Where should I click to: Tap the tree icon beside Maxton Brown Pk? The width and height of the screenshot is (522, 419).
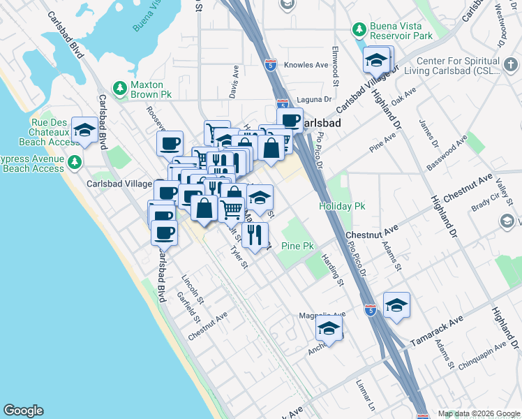coord(120,87)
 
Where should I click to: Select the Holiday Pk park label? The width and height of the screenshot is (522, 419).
coord(342,206)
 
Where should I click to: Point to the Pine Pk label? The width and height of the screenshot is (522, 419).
coord(300,246)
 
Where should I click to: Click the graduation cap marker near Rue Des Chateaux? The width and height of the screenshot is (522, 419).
coord(85,130)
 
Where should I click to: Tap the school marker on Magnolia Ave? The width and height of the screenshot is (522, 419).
coord(329,328)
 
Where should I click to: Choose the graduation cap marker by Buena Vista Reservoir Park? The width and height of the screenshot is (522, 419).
coord(377,61)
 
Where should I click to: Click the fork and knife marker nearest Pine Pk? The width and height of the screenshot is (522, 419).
coord(255,234)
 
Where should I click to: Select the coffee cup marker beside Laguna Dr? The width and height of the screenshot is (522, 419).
coord(290,120)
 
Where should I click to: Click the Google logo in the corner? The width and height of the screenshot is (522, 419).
coord(23,411)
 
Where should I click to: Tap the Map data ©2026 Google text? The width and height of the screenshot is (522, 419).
coord(478,413)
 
